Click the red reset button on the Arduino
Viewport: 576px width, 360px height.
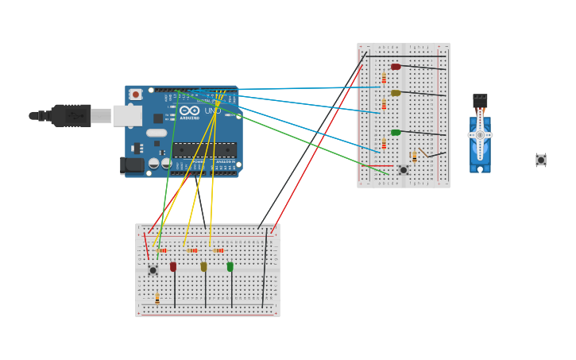(136, 95)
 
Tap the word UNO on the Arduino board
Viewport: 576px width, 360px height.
(212, 110)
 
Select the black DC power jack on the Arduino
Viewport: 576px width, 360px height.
(132, 165)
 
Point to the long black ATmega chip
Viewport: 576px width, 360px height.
(204, 149)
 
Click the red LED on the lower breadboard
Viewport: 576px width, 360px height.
(173, 267)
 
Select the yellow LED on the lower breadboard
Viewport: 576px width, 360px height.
(203, 267)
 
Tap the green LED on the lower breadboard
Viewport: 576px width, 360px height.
(230, 267)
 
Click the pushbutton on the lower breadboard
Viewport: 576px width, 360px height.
(153, 270)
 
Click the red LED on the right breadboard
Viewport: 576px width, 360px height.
(396, 67)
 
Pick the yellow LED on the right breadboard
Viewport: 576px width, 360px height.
(396, 93)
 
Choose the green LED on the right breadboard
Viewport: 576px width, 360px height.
(396, 133)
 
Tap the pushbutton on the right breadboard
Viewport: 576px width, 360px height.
(404, 169)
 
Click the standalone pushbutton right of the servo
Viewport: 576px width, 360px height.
(541, 160)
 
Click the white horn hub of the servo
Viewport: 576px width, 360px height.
(480, 135)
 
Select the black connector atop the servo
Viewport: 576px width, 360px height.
(480, 101)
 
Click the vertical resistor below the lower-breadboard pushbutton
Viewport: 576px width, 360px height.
(157, 298)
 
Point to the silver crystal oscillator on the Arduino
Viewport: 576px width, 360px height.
(157, 133)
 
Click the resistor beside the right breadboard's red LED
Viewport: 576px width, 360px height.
(384, 79)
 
